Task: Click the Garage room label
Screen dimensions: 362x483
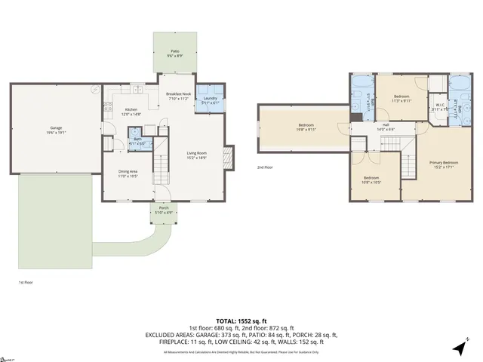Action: click(56, 127)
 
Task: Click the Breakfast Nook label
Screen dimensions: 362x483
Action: click(179, 94)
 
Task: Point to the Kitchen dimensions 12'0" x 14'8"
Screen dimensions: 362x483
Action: click(131, 114)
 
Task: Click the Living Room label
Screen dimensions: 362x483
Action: click(197, 154)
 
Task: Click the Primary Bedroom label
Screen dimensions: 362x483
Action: click(444, 163)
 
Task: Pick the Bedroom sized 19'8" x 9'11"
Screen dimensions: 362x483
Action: click(306, 126)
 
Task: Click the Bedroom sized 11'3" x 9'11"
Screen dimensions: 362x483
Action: click(401, 97)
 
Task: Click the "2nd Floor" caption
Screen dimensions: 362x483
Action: click(265, 167)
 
